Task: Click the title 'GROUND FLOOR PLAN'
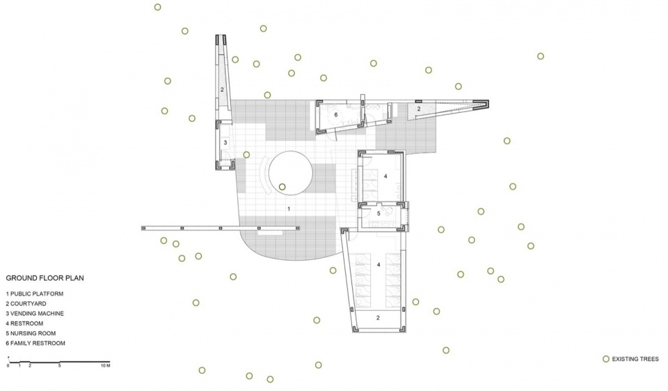tap(45, 278)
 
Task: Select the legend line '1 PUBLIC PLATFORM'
tap(35, 293)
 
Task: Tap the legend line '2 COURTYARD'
tap(26, 303)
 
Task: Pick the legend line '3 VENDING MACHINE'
tap(35, 314)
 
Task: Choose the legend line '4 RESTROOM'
tap(24, 323)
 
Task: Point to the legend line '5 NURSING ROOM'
tap(31, 333)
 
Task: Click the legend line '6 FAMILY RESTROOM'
tap(35, 343)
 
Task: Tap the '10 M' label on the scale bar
tap(106, 366)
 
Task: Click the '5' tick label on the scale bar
tap(60, 366)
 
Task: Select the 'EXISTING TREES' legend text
tap(635, 359)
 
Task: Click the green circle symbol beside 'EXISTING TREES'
tap(606, 359)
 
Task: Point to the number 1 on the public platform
tap(289, 209)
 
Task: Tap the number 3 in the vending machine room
tap(225, 143)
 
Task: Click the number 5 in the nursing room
tap(379, 213)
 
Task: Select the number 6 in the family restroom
tap(335, 114)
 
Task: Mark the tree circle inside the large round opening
tap(282, 187)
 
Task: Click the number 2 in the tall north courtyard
tap(222, 90)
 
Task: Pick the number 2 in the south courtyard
tap(378, 318)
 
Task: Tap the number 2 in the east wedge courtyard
tap(419, 109)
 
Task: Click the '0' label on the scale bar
tap(8, 366)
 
